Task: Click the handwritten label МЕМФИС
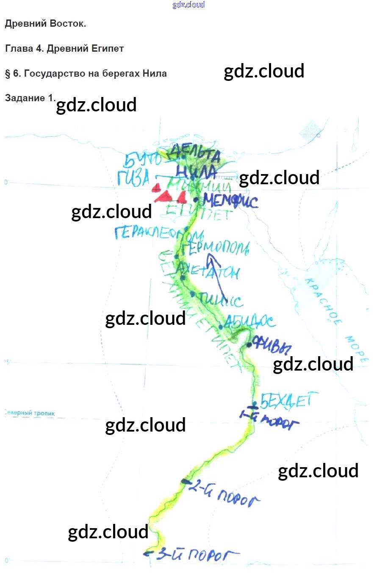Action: tap(231, 200)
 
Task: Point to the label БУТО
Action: tap(141, 160)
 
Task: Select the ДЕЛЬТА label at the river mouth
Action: tap(195, 155)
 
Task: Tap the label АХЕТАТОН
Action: tap(210, 271)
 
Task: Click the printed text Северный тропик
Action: tap(30, 413)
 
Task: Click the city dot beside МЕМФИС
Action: tap(196, 199)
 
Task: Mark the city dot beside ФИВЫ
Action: tap(249, 345)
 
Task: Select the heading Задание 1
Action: tap(30, 98)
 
